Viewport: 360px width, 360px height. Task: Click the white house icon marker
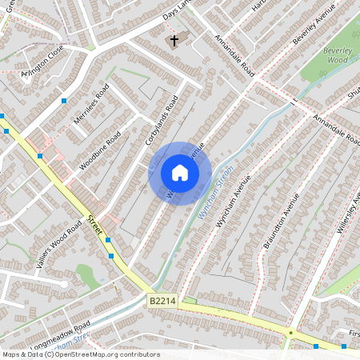(x=180, y=173)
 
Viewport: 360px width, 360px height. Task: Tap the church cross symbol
(x=174, y=39)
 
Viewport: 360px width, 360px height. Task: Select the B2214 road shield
(x=162, y=301)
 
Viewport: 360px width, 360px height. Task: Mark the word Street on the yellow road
(x=96, y=225)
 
